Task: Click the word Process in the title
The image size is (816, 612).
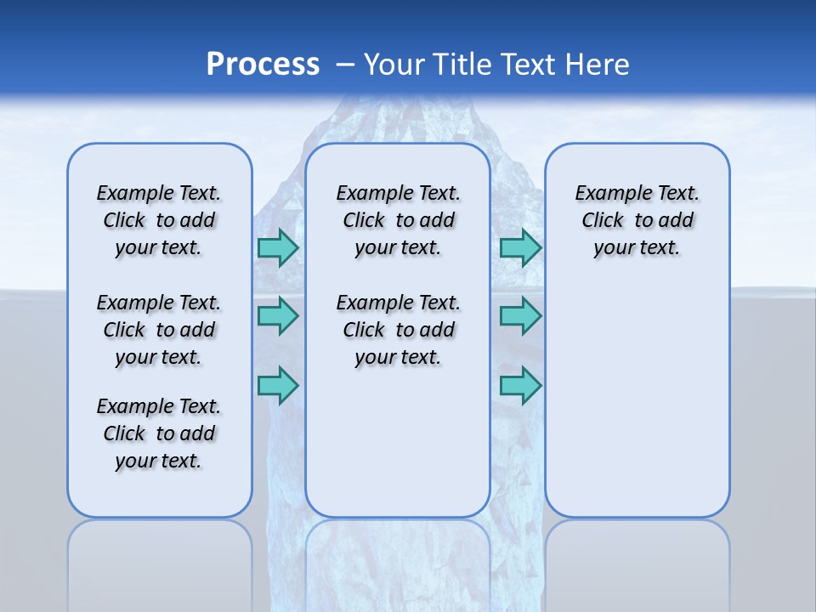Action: [x=263, y=65]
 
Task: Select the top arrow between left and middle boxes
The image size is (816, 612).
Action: [x=278, y=247]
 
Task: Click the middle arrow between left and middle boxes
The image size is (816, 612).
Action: [x=278, y=316]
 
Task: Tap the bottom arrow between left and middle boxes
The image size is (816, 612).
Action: [x=278, y=385]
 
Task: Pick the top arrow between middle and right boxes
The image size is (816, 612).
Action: [x=520, y=247]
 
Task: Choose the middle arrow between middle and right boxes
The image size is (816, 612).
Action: [x=520, y=316]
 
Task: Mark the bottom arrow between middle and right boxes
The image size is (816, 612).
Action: [x=520, y=385]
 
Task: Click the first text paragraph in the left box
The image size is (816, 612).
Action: [x=159, y=220]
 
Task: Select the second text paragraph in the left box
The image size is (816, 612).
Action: [x=159, y=330]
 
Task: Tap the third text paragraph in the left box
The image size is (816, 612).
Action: [x=159, y=433]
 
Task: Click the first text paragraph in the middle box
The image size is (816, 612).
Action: [x=398, y=220]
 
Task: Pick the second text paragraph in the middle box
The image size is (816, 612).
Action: [x=398, y=330]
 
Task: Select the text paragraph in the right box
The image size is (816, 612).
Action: [x=637, y=220]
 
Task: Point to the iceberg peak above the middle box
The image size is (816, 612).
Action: [x=399, y=119]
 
